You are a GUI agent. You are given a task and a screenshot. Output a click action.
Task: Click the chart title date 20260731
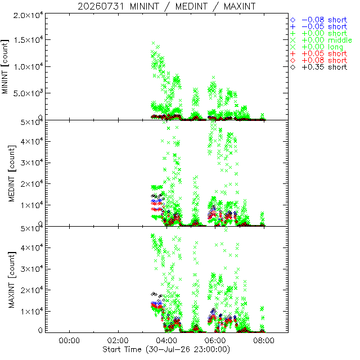coord(101,6)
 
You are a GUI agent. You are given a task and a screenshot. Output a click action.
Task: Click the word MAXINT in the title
coord(240,6)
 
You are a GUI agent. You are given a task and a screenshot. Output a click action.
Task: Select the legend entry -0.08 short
coord(319,20)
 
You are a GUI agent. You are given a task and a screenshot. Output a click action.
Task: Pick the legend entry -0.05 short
coord(319,26)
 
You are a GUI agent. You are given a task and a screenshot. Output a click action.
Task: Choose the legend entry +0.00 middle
coord(321,40)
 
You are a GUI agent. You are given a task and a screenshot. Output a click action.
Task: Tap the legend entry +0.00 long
coord(317,47)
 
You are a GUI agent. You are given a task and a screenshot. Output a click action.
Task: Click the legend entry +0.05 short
coord(319,54)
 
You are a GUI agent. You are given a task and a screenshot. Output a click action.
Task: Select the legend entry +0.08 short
coord(319,60)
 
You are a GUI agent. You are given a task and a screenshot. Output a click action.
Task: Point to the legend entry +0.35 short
coord(319,67)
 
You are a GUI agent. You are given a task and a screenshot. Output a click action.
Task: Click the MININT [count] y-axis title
coord(5,66)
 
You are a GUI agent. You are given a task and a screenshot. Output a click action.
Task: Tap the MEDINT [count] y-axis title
coord(12,173)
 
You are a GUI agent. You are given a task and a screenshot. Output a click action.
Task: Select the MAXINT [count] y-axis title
coord(12,280)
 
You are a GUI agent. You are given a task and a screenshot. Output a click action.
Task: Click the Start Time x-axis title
coord(166,349)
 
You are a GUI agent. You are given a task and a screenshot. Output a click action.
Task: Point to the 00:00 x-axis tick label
coord(69,340)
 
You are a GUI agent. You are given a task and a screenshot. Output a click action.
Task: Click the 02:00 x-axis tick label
coord(118,340)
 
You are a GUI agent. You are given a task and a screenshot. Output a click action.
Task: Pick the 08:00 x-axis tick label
coord(264,340)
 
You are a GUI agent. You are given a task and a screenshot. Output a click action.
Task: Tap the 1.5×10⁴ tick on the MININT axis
coord(28,39)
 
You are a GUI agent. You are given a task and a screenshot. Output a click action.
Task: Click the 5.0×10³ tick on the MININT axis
coord(28,93)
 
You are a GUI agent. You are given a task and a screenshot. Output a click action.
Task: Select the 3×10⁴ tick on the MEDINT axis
coord(31,163)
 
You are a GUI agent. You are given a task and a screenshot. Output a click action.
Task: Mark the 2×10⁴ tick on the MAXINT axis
coord(31,290)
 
